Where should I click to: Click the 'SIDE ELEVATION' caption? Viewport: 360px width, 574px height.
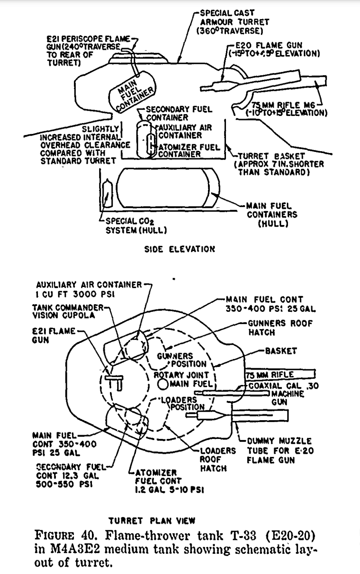pyautogui.click(x=179, y=249)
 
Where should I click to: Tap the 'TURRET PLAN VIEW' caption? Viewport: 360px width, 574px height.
pyautogui.click(x=152, y=521)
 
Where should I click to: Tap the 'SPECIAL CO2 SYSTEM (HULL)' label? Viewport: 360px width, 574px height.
pyautogui.click(x=136, y=226)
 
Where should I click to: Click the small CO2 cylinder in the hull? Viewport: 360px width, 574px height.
pyautogui.click(x=107, y=194)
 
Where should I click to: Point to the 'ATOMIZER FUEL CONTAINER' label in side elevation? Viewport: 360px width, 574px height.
pyautogui.click(x=189, y=150)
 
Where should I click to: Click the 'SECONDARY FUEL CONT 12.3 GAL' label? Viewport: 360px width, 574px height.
pyautogui.click(x=67, y=475)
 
